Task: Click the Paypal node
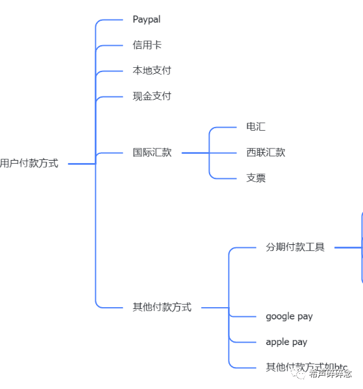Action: (x=147, y=20)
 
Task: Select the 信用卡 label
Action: (x=147, y=45)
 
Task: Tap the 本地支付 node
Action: (x=152, y=71)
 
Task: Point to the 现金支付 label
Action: (x=152, y=96)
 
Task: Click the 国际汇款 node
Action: (x=152, y=153)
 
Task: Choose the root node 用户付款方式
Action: (x=29, y=164)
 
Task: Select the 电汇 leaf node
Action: (x=255, y=127)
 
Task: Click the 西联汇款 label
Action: (x=265, y=153)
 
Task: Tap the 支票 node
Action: (x=255, y=178)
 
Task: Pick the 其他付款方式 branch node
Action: (x=162, y=307)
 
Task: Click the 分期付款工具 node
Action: (x=295, y=247)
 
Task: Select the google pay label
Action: (x=289, y=316)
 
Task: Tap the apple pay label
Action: (x=287, y=342)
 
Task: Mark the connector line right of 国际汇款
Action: (x=196, y=153)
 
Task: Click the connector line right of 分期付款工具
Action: (x=348, y=247)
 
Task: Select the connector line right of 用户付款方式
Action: (x=81, y=164)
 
